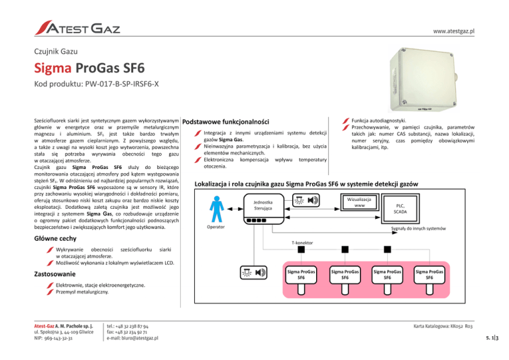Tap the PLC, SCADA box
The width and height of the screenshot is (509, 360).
point(400,208)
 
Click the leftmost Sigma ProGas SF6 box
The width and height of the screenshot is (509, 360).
point(301,274)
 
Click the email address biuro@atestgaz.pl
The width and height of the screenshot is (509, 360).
point(132,338)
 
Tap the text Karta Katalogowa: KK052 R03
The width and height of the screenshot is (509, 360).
point(442,327)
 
